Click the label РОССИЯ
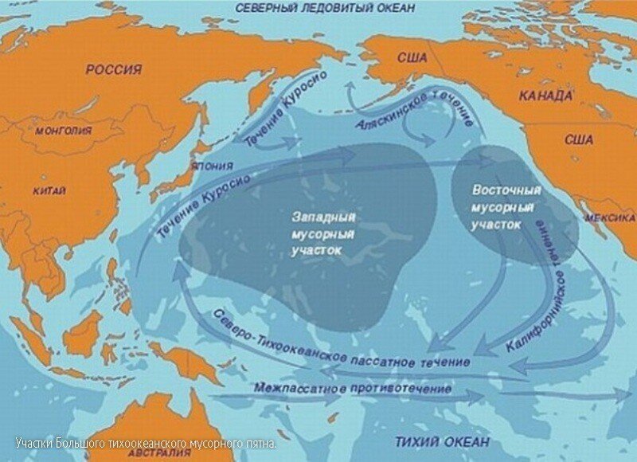(x=114, y=70)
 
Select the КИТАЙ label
(x=49, y=191)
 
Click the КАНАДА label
(x=545, y=96)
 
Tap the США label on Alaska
(x=412, y=58)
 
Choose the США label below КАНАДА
(x=579, y=139)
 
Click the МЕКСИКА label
(x=611, y=217)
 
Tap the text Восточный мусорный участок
(x=506, y=208)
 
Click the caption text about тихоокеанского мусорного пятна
(x=146, y=443)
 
